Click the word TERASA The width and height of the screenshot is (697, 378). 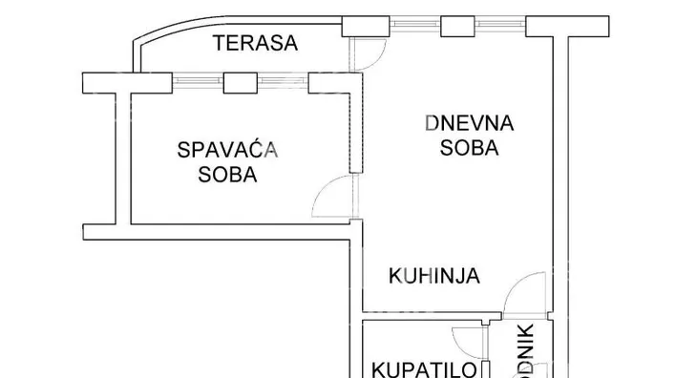(x=257, y=43)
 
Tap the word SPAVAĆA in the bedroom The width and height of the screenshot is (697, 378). (x=227, y=150)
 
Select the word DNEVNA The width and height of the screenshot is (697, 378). (x=470, y=123)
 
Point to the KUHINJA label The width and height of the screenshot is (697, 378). (x=433, y=277)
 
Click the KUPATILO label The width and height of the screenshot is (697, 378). (x=412, y=368)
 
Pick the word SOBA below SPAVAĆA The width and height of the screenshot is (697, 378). (x=227, y=175)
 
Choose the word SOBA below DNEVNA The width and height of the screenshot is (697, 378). (x=470, y=149)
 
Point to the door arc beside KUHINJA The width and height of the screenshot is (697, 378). (x=520, y=291)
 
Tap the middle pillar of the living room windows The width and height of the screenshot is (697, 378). (x=454, y=27)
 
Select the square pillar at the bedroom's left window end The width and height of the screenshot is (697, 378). (x=97, y=83)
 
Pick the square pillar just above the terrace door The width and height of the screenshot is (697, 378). (x=359, y=28)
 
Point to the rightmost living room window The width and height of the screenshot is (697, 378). (x=504, y=26)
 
